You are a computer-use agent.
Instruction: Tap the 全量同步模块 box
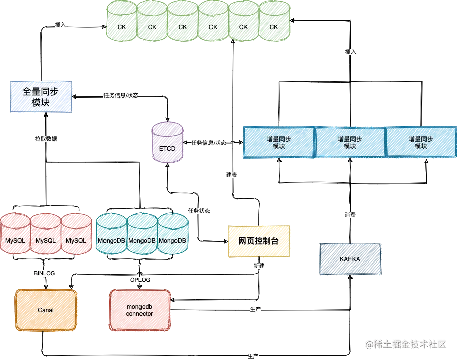pos(41,95)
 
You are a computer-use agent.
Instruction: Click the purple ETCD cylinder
pos(167,143)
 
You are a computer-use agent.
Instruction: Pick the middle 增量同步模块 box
pos(350,143)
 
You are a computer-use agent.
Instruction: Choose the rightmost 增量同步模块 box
pos(421,143)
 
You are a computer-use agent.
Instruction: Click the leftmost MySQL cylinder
pos(15,235)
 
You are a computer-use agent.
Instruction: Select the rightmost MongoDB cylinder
pos(172,235)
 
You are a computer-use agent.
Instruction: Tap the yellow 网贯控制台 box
pos(259,241)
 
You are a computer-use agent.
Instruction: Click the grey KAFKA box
pos(350,259)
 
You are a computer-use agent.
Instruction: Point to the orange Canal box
pos(46,310)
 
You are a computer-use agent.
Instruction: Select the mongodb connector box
pos(139,310)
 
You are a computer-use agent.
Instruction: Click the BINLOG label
pos(44,273)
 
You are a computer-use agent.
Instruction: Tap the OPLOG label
pos(140,280)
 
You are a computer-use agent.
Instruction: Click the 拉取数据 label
pos(46,138)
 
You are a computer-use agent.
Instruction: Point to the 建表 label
pos(231,175)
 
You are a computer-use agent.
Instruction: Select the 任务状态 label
pos(199,211)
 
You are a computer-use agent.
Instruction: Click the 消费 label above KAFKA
pos(350,215)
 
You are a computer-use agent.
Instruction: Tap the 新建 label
pos(258,266)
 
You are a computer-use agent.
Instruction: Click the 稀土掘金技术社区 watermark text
pos(406,344)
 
